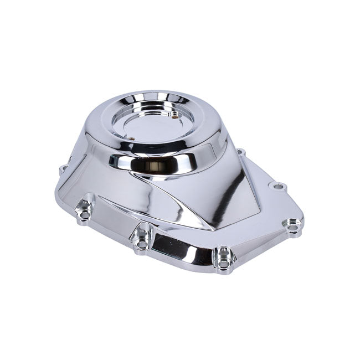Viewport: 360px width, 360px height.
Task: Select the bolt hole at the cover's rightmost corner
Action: point(293,225)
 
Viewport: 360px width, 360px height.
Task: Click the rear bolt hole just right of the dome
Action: point(240,151)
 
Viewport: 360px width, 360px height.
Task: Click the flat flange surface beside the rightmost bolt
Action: point(271,222)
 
